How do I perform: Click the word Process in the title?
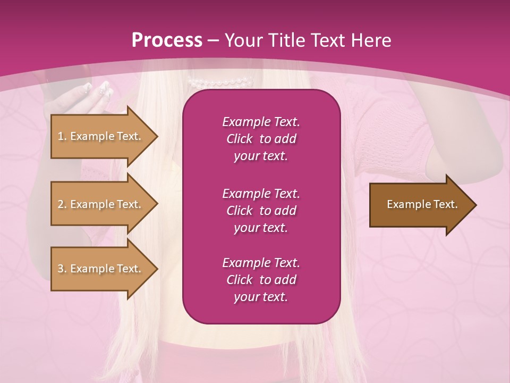click(x=167, y=40)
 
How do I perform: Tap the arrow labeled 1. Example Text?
click(x=101, y=136)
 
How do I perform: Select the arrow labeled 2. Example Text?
click(x=101, y=204)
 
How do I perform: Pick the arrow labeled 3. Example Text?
click(x=101, y=269)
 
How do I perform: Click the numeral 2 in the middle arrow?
click(x=60, y=204)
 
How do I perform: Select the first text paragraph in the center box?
click(x=261, y=139)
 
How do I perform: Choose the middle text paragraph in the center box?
click(x=261, y=211)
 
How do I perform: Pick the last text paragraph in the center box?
click(x=261, y=280)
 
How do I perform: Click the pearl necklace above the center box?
click(x=220, y=82)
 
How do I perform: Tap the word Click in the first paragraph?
click(x=240, y=139)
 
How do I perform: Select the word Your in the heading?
click(x=242, y=40)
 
